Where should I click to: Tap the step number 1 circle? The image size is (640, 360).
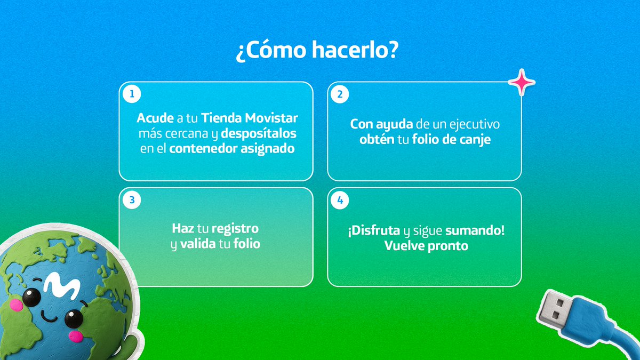tap(131, 94)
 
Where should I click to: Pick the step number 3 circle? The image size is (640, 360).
tap(131, 201)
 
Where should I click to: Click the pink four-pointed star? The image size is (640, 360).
tap(521, 83)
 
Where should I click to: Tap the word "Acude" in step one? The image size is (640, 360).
tap(155, 118)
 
